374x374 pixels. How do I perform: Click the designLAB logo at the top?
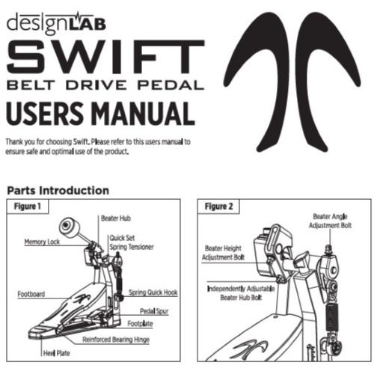pos(56,23)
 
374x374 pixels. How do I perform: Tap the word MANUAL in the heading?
pos(143,114)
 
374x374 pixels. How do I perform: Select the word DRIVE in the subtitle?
pos(96,85)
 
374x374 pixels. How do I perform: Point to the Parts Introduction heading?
pos(58,191)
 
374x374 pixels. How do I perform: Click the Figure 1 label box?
pos(28,206)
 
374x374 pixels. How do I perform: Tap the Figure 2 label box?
pos(218,206)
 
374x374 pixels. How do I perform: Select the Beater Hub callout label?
pos(116,218)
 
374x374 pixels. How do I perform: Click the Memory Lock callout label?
pos(42,242)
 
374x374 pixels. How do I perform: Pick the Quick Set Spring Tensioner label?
pos(132,242)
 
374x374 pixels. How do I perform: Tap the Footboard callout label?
pos(31,294)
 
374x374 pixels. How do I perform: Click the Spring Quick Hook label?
pos(153,292)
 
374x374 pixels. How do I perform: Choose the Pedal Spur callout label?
pos(154,311)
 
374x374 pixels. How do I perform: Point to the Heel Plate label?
pos(56,353)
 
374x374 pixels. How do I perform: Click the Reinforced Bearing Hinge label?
pos(116,340)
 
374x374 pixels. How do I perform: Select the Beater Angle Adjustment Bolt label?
pos(330,221)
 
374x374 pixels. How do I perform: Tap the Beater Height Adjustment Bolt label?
pos(223,253)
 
